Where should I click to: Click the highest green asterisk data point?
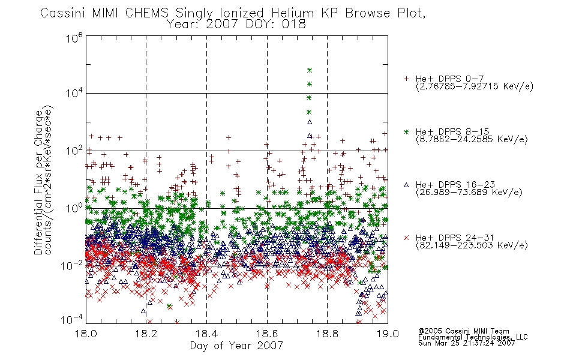pos(310,70)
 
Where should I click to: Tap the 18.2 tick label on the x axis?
pos(146,334)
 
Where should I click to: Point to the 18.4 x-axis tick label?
pos(206,334)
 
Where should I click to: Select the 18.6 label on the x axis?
pos(267,334)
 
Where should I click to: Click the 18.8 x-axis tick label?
pos(327,334)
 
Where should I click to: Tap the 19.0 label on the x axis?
pos(388,334)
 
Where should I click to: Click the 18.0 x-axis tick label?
pos(86,334)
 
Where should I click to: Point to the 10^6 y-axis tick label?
pos(74,38)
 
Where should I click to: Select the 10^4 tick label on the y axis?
pos(74,94)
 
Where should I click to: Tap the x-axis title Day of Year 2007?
pos(236,346)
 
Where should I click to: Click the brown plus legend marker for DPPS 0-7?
pos(406,79)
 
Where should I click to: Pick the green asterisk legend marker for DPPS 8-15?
pos(406,131)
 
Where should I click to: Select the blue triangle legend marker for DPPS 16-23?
pos(406,185)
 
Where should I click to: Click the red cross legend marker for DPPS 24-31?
pos(406,238)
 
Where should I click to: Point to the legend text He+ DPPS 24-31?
pos(455,238)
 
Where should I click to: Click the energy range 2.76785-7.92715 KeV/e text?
pos(475,86)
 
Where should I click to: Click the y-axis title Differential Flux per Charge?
pos(38,182)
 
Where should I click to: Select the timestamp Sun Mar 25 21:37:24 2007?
pos(467,343)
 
